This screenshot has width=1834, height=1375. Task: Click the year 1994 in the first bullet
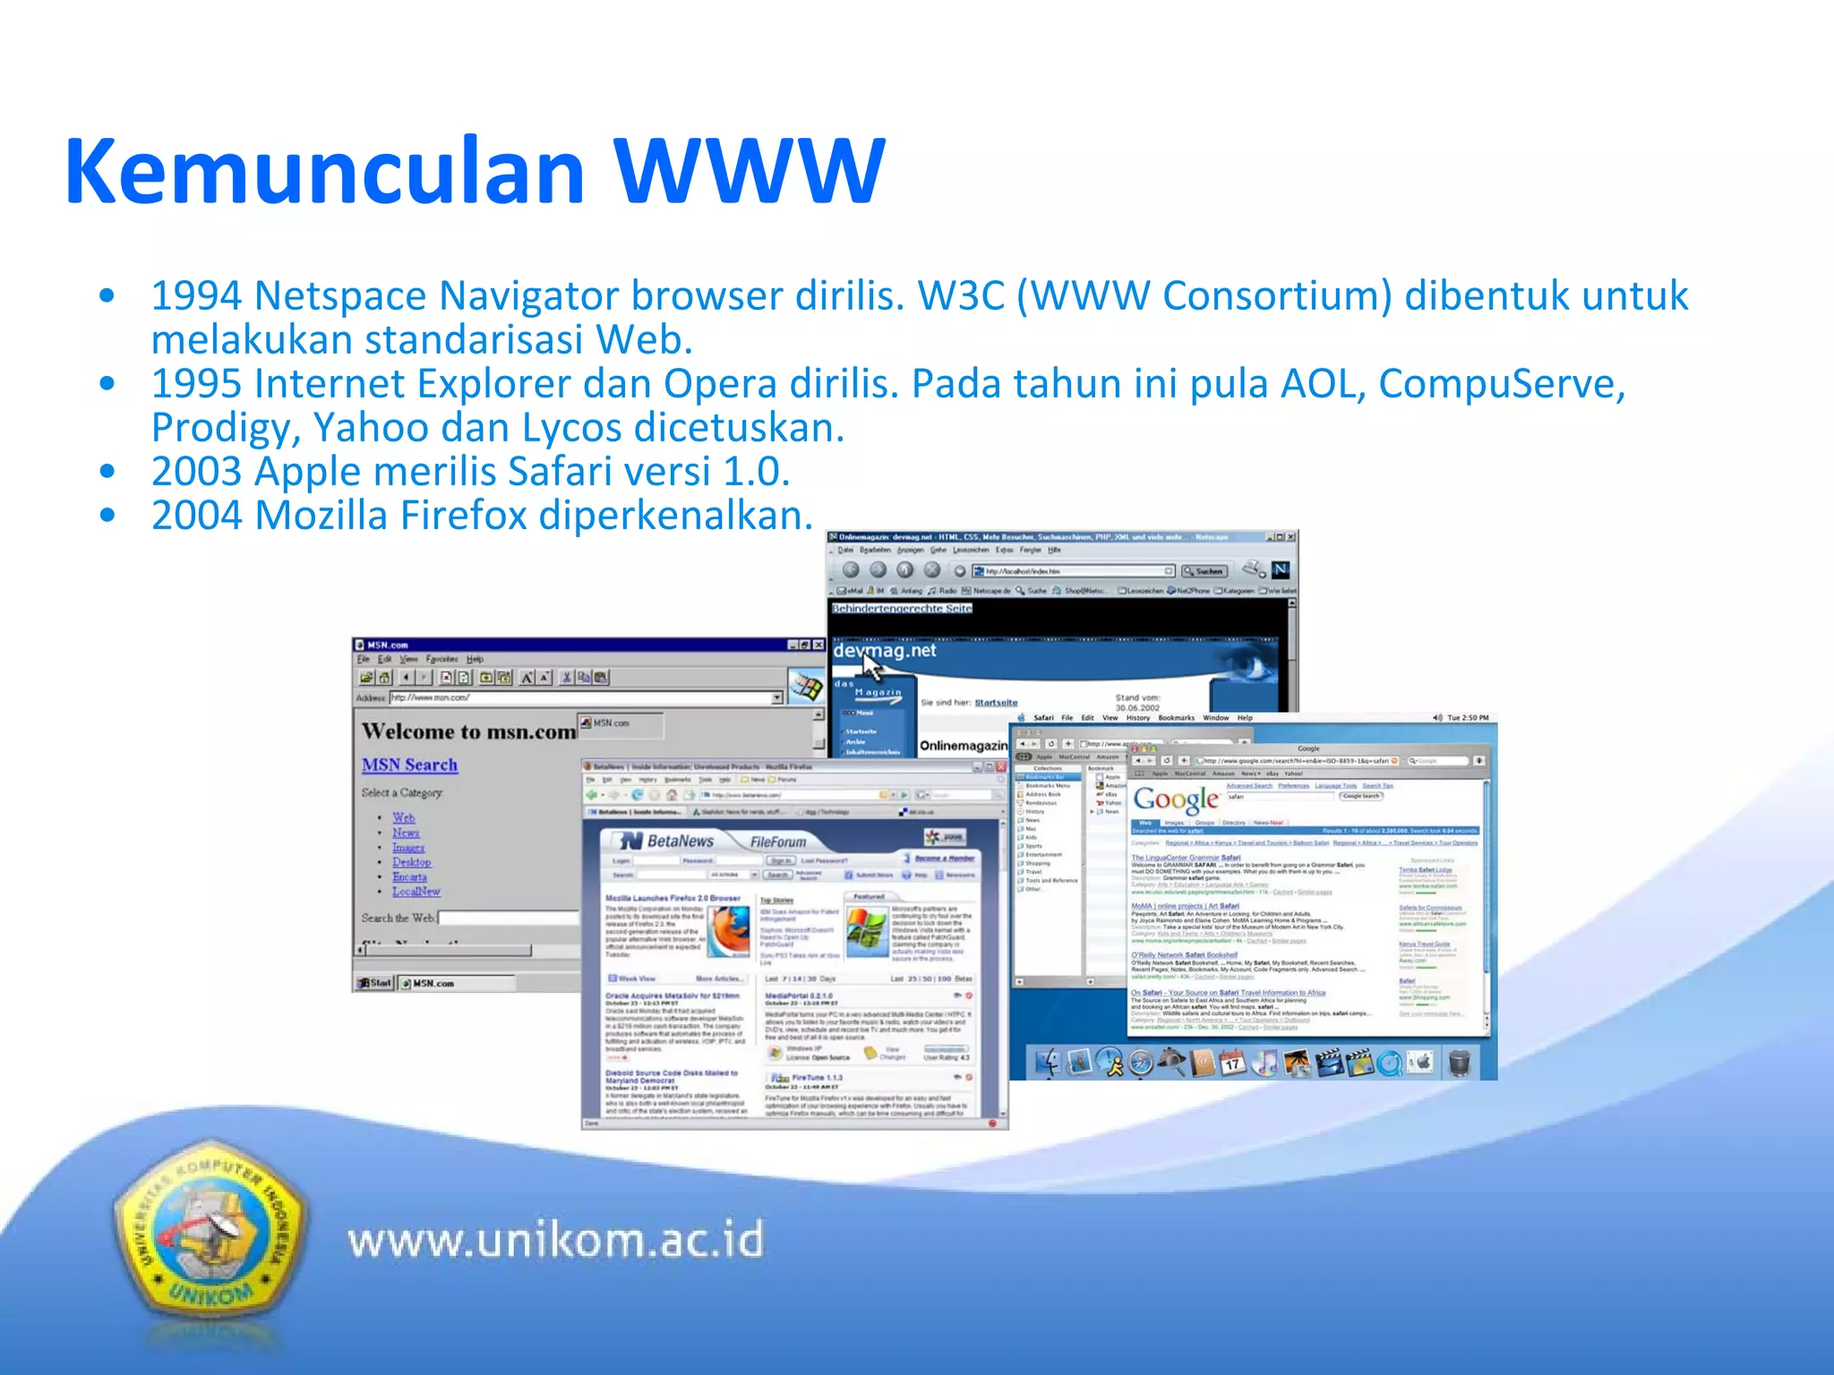196,295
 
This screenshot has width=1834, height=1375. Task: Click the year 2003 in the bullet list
196,472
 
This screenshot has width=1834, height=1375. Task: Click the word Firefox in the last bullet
463,516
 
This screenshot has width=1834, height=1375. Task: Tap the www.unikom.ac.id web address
555,1241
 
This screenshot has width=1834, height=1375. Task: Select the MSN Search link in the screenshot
409,765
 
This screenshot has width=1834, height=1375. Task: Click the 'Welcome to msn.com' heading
467,731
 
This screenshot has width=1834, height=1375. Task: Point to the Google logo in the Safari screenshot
1176,799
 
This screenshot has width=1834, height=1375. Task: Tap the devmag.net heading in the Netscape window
884,651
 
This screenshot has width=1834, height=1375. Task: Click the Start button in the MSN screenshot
375,983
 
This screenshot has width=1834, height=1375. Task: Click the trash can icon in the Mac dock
1459,1063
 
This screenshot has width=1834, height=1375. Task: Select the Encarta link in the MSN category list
409,877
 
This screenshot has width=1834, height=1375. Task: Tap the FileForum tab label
777,842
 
